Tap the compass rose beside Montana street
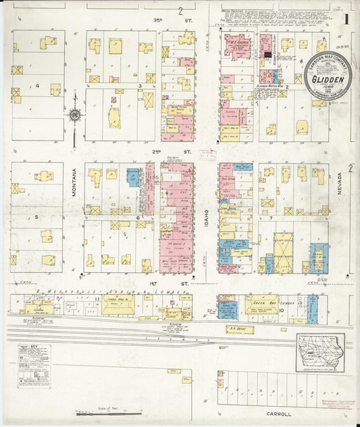[x=75, y=114]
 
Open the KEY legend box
[x=34, y=365]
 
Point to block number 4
[x=38, y=86]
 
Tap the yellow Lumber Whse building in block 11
[x=118, y=305]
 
